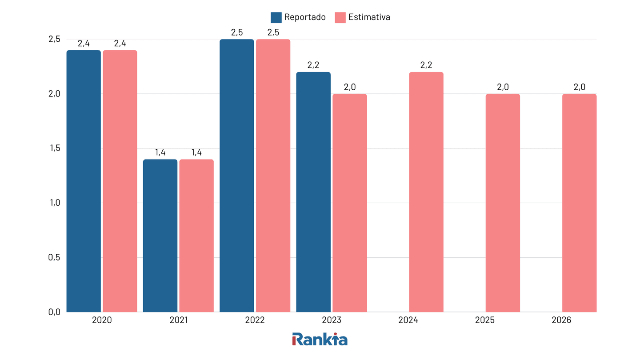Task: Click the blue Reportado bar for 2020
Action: click(84, 181)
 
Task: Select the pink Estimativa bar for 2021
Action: click(196, 236)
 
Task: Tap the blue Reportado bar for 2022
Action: click(237, 176)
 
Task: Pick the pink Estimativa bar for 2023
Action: click(350, 203)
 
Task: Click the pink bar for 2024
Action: click(426, 192)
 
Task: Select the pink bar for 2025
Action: click(503, 203)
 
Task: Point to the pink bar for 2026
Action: click(579, 203)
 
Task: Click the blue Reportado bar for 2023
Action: click(313, 192)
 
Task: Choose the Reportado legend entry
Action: click(298, 17)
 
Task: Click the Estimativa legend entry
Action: click(363, 17)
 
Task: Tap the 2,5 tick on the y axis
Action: click(54, 39)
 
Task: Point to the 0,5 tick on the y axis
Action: click(54, 257)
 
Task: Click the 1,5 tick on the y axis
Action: click(54, 148)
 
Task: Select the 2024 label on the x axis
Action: click(408, 320)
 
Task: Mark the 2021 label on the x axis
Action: click(178, 320)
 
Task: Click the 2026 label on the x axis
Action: click(561, 320)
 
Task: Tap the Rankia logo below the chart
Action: click(320, 339)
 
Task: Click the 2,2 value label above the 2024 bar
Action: click(426, 65)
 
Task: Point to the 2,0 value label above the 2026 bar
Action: click(579, 87)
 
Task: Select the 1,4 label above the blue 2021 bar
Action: click(160, 152)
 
